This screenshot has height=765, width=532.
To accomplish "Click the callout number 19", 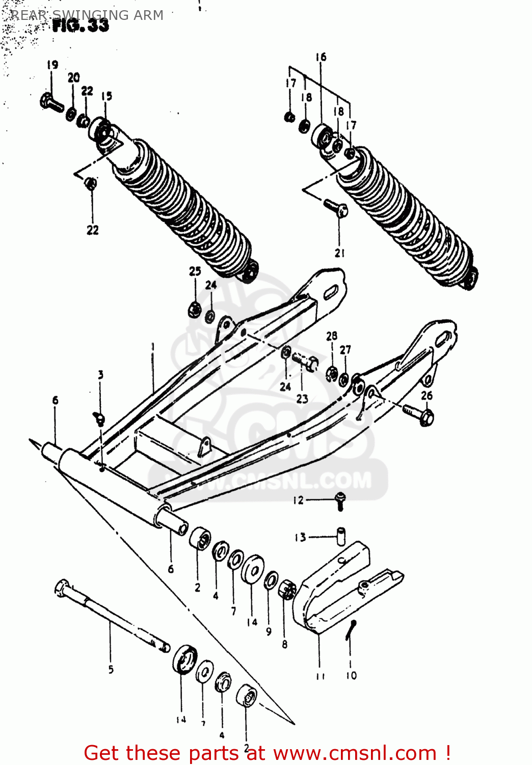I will (52, 65).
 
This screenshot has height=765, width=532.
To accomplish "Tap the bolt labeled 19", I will (51, 103).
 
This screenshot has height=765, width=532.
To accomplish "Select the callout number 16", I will (321, 57).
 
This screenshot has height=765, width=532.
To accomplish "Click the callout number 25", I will (195, 271).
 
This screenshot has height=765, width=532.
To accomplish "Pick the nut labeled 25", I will (194, 309).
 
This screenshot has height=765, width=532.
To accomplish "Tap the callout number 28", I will (332, 336).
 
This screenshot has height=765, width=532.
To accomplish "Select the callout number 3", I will (101, 375).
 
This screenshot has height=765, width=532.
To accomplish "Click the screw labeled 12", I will (340, 501).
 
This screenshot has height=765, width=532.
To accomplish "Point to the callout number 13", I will (300, 537).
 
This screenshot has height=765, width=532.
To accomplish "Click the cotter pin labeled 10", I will (351, 630).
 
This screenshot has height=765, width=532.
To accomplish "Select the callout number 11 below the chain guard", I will (320, 676).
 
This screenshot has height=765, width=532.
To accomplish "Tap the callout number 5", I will (111, 670).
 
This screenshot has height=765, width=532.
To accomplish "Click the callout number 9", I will (269, 631).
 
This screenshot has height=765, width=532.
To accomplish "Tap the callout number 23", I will (302, 399).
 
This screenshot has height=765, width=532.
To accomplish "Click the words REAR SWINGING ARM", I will (87, 15).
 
